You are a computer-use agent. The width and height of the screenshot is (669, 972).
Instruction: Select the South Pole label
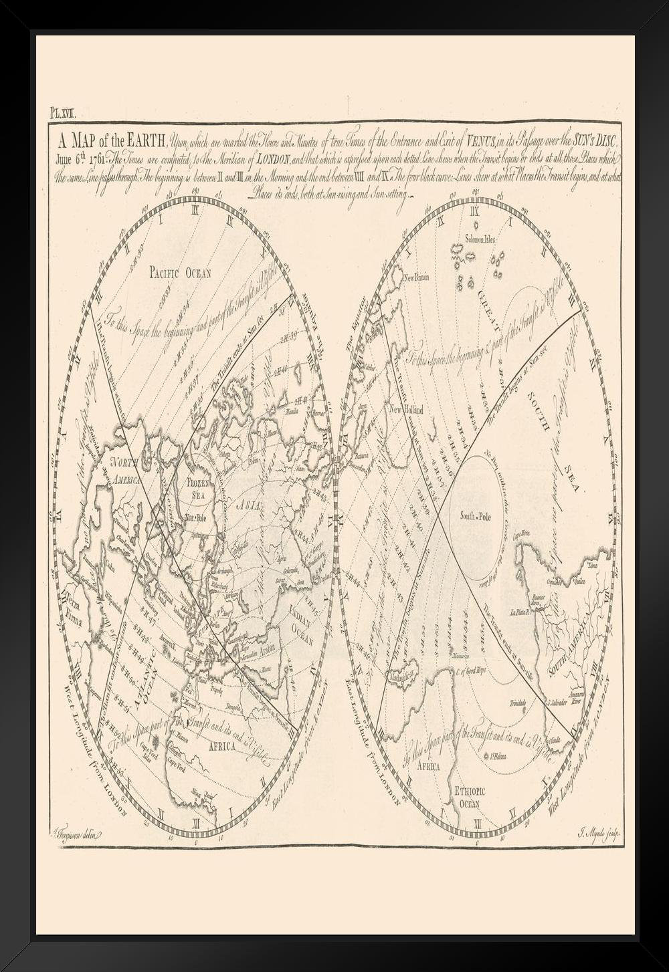point(476,515)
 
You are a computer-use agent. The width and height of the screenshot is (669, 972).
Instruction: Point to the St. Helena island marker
point(495,757)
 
